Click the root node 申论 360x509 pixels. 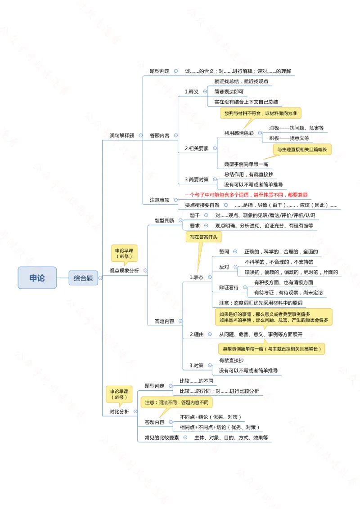click(x=37, y=278)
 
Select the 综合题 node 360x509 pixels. click(x=83, y=278)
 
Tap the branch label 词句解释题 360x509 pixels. click(x=122, y=135)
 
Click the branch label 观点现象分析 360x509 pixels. click(x=124, y=271)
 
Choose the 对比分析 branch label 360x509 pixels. click(x=119, y=411)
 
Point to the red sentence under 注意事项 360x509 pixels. click(x=246, y=195)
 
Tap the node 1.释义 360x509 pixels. click(x=192, y=91)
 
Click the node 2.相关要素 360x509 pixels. click(x=197, y=148)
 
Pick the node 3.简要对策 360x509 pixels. click(x=197, y=179)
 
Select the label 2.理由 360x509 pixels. click(x=197, y=334)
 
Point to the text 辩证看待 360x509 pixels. click(x=229, y=287)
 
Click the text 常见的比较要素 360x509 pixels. click(x=162, y=437)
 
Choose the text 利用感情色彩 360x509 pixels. click(x=239, y=133)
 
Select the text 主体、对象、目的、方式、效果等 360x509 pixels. click(x=231, y=437)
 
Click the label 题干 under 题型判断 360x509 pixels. click(x=194, y=215)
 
